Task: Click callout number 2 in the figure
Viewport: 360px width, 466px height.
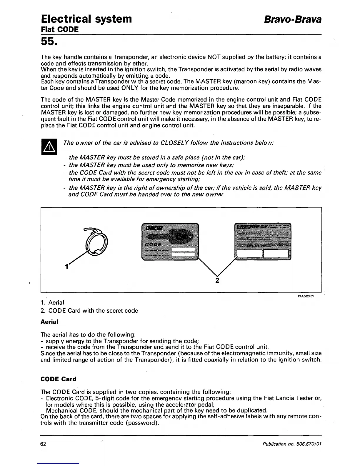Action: click(x=217, y=280)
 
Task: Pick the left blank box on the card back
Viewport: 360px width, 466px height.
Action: click(x=249, y=253)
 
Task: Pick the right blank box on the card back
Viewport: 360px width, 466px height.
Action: click(x=276, y=253)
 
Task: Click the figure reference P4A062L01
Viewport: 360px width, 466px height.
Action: click(x=306, y=296)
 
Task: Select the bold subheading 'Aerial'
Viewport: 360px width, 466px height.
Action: click(x=49, y=322)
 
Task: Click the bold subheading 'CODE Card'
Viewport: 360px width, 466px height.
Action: click(x=58, y=379)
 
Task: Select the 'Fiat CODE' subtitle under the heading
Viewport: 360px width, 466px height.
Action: click(x=60, y=29)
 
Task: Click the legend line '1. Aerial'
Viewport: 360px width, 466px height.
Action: click(x=52, y=302)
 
